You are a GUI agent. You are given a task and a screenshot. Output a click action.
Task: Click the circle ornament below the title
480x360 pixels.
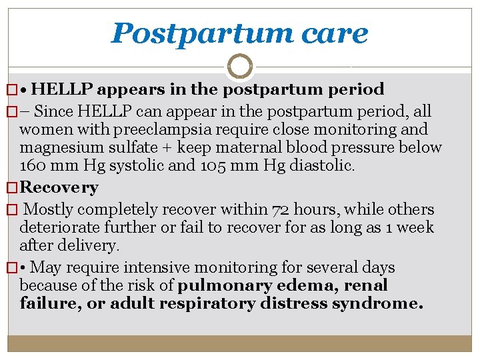point(239,67)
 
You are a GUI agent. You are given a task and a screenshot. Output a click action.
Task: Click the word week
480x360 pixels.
point(415,227)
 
